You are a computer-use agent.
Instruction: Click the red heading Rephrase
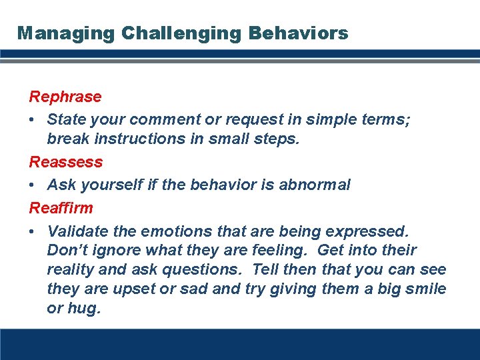65,97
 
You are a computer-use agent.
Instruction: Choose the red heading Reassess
66,162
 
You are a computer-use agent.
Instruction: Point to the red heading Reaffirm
61,207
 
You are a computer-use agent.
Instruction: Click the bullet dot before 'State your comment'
33,120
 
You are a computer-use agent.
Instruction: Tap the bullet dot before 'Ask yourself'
33,185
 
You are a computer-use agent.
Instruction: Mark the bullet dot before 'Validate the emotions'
33,231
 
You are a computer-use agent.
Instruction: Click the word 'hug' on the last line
84,309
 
